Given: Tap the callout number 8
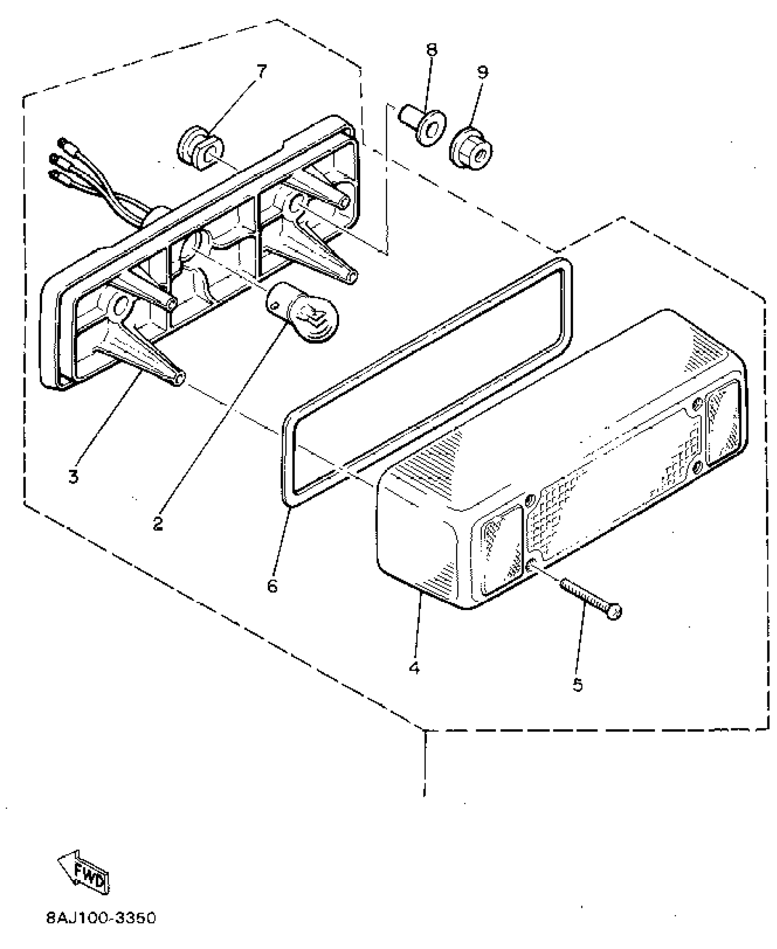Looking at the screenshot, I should click(x=431, y=49).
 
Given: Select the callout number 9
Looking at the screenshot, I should click(x=483, y=72).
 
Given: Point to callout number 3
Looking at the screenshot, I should click(x=73, y=476).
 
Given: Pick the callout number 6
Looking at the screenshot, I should click(x=272, y=586).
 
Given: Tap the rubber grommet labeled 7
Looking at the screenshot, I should click(x=200, y=148).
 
